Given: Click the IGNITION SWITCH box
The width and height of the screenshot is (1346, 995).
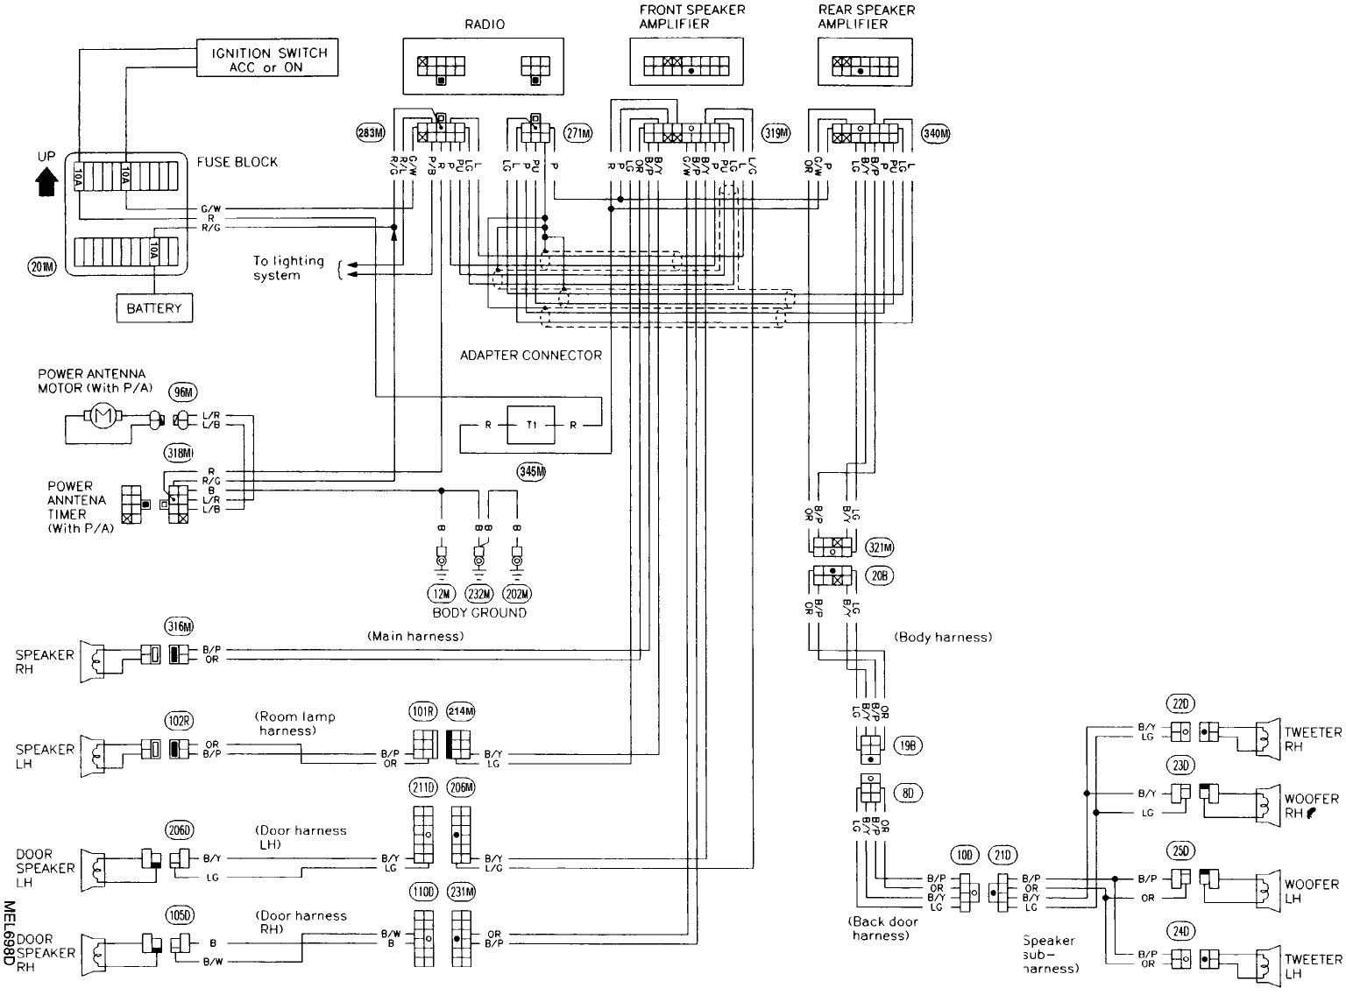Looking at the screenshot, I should point(268,60).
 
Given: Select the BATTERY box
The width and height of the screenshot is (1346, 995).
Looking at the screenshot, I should point(154,308).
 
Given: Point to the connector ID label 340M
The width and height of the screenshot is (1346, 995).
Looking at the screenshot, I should point(936,133).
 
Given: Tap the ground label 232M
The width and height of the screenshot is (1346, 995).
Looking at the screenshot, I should point(479,596).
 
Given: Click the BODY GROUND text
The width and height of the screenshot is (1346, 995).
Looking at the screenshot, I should point(479,613).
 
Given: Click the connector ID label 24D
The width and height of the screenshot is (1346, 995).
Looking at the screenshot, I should point(1181,931).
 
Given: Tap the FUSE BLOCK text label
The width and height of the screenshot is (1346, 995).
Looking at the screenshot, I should point(237,162).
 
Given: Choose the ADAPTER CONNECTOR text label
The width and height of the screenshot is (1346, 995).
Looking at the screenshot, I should point(531,355).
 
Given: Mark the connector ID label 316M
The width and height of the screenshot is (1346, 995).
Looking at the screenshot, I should point(178,625).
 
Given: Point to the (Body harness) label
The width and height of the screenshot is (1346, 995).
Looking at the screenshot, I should point(943,637).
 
